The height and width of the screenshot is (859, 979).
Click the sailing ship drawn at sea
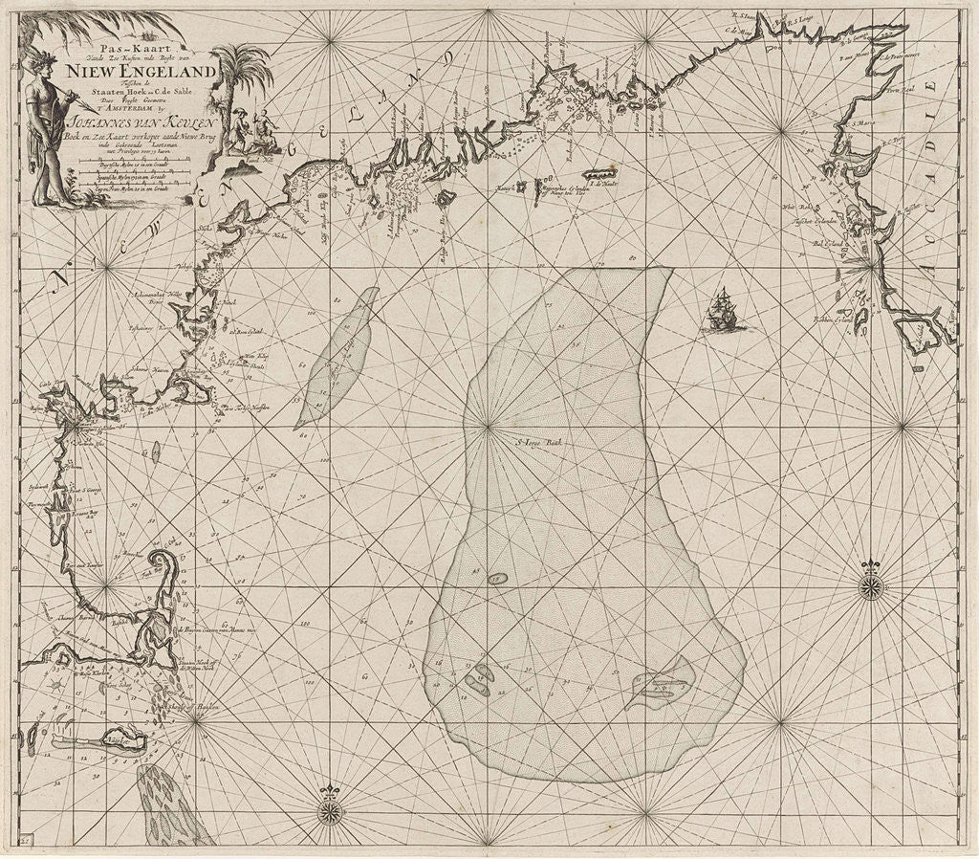pos(724,311)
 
